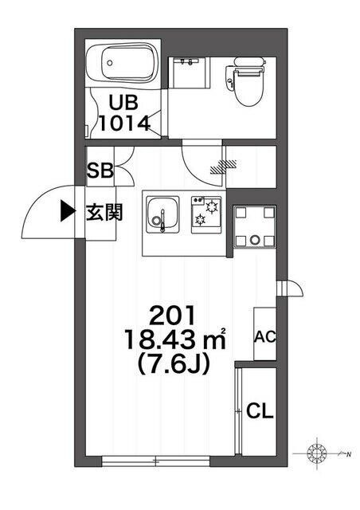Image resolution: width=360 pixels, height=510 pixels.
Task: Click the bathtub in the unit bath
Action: [x=123, y=63]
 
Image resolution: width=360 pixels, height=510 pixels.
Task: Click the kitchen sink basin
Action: [x=163, y=214]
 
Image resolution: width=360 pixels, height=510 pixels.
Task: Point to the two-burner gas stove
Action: [x=206, y=214]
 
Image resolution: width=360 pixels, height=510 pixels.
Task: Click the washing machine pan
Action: [x=255, y=226]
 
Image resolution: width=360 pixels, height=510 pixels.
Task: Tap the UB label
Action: [x=123, y=103]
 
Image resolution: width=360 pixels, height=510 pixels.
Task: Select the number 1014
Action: [x=124, y=124]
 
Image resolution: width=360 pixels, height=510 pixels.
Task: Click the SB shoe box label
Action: [x=100, y=171]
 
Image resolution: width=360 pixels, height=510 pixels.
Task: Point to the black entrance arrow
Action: [x=68, y=210]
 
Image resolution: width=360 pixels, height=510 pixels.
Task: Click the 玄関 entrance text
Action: [x=104, y=213]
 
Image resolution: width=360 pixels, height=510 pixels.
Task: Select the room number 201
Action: [x=173, y=316]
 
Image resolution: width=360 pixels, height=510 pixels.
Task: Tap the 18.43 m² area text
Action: [x=175, y=339]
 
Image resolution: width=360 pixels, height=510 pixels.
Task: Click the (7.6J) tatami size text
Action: [x=174, y=364]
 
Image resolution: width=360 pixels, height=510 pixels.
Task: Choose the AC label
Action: [x=264, y=337]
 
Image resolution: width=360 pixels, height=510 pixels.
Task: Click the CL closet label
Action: [x=260, y=411]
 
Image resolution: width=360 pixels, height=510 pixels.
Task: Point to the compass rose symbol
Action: [x=316, y=453]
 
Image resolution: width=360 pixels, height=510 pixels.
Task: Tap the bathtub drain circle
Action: [x=110, y=62]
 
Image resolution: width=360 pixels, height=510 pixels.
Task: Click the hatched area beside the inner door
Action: [x=223, y=166]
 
